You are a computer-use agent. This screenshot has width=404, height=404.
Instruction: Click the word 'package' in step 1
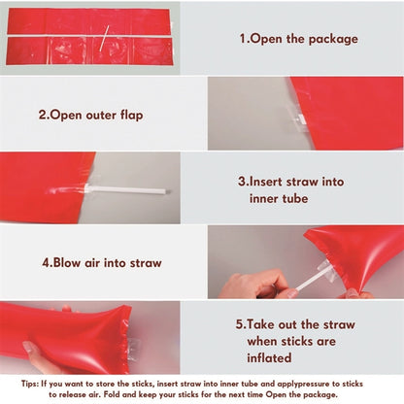333,40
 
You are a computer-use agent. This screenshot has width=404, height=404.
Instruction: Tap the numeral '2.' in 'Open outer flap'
44,115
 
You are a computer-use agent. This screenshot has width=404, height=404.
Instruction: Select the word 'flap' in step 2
132,116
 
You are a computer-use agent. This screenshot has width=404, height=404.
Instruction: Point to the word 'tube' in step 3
294,198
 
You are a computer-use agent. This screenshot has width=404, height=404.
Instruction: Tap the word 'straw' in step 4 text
146,263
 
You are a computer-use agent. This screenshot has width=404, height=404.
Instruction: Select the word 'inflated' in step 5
269,357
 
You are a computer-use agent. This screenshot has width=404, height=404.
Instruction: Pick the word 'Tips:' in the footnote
30,384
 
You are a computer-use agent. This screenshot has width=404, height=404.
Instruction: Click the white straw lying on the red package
104,39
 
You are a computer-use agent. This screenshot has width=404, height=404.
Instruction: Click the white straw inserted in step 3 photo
127,189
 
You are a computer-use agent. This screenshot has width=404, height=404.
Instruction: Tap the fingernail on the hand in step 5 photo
29,349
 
